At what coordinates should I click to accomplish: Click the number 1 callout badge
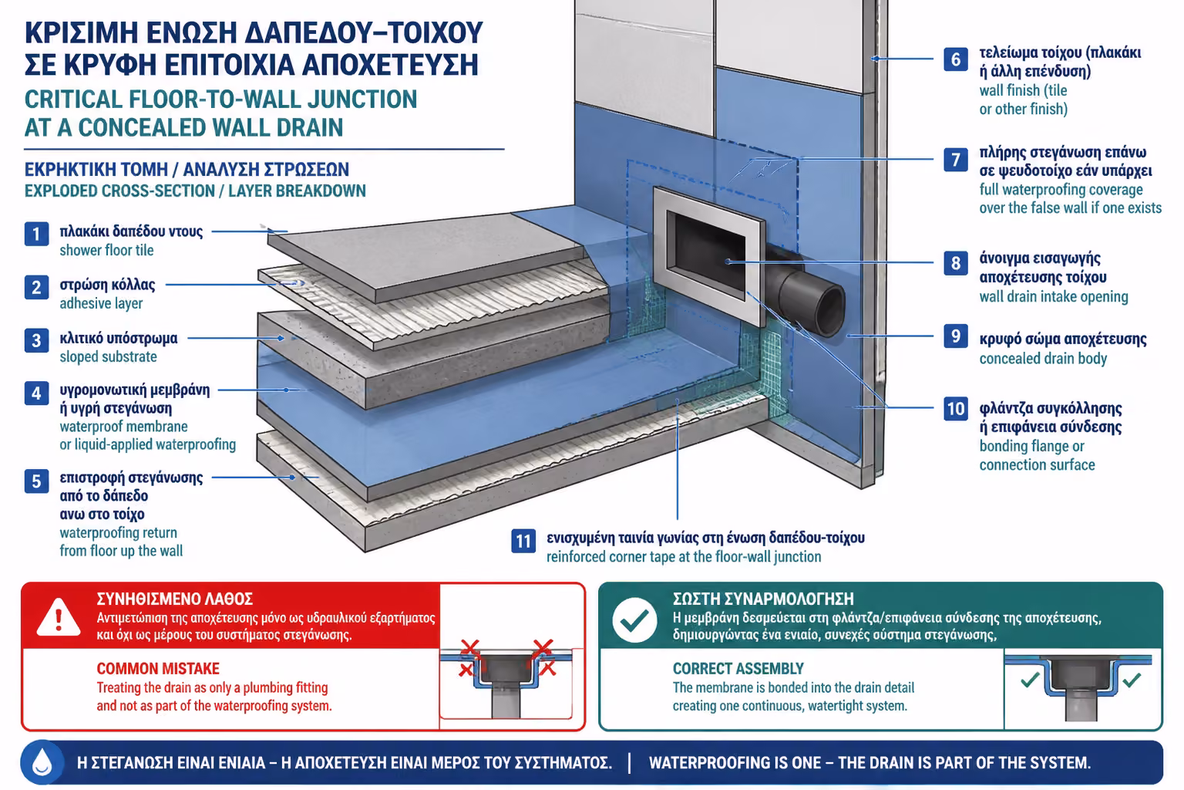(x=36, y=234)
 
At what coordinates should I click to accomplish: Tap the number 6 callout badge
(x=956, y=59)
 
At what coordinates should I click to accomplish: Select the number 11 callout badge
(x=523, y=541)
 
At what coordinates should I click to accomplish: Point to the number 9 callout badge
(x=956, y=336)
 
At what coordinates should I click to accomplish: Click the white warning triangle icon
(x=59, y=617)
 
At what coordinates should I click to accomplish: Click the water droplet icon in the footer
(x=42, y=762)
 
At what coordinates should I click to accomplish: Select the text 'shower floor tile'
(x=106, y=250)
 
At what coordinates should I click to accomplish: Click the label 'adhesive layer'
(x=101, y=303)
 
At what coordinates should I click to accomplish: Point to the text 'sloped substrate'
(x=108, y=356)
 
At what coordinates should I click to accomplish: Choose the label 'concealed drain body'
(x=1043, y=358)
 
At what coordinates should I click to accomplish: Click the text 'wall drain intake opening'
(x=1054, y=297)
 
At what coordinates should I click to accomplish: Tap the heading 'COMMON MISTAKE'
(x=158, y=669)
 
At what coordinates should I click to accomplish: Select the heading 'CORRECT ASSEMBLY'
(x=738, y=669)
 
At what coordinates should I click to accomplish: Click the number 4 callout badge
(x=36, y=393)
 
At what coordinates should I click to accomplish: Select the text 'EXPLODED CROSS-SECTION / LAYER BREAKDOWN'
(x=195, y=191)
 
